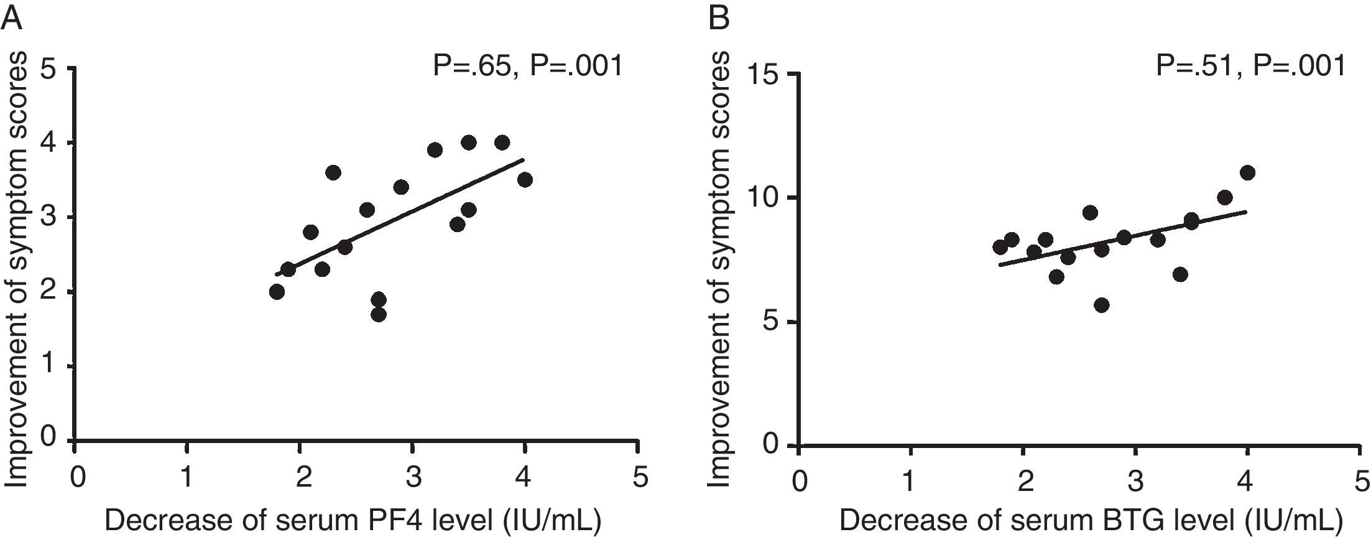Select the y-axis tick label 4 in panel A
click(x=54, y=143)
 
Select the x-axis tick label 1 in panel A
click(x=187, y=479)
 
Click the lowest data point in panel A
click(x=379, y=314)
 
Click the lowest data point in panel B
click(x=1102, y=305)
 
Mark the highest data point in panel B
click(x=1247, y=173)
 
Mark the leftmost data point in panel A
click(x=277, y=292)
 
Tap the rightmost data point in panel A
click(x=525, y=180)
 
